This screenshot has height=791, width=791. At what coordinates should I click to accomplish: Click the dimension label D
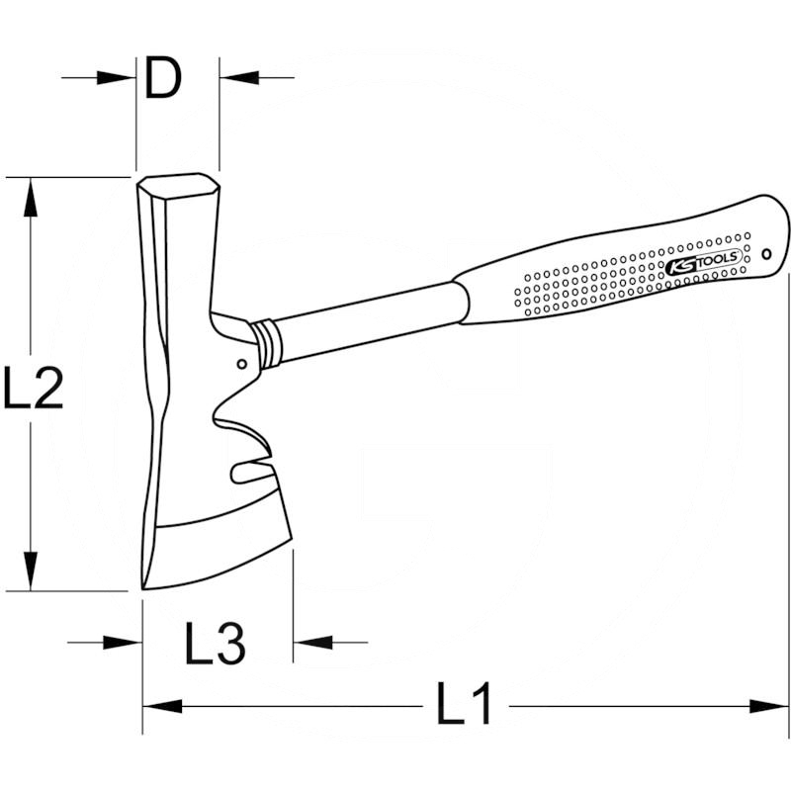click(x=162, y=78)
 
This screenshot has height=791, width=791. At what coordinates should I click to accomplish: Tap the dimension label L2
click(x=34, y=387)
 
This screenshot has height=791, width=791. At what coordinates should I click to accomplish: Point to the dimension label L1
click(x=464, y=703)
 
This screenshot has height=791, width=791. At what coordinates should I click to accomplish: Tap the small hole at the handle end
click(x=766, y=254)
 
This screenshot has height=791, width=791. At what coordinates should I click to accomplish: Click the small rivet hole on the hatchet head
click(x=242, y=364)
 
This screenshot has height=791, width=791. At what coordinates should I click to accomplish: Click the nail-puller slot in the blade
click(x=251, y=470)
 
